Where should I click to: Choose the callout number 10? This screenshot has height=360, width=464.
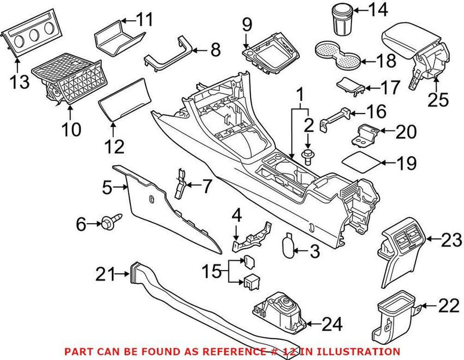72,128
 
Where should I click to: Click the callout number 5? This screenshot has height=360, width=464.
107,187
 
